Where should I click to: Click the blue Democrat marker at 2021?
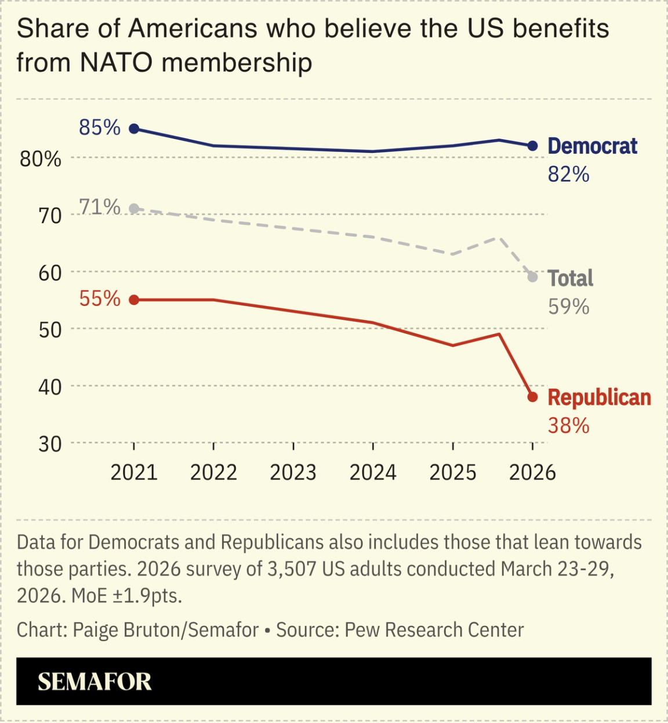point(134,129)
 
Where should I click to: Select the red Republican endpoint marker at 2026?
point(532,397)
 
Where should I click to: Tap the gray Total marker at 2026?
point(532,277)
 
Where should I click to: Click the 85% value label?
point(100,128)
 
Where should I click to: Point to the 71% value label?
point(100,207)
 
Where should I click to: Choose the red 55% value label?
point(100,299)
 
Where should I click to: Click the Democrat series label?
point(592,146)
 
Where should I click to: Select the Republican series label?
point(599,398)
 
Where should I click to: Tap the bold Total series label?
point(570,278)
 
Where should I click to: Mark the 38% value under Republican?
point(568,426)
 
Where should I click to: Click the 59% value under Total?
point(568,307)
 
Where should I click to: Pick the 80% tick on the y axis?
point(41,159)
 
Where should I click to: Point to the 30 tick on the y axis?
point(50,444)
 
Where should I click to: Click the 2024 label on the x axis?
point(373,473)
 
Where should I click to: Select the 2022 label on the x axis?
point(213,473)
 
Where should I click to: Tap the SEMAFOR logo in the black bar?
point(95,682)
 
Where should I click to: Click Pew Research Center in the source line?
point(434,630)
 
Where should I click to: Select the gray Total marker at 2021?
point(134,209)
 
